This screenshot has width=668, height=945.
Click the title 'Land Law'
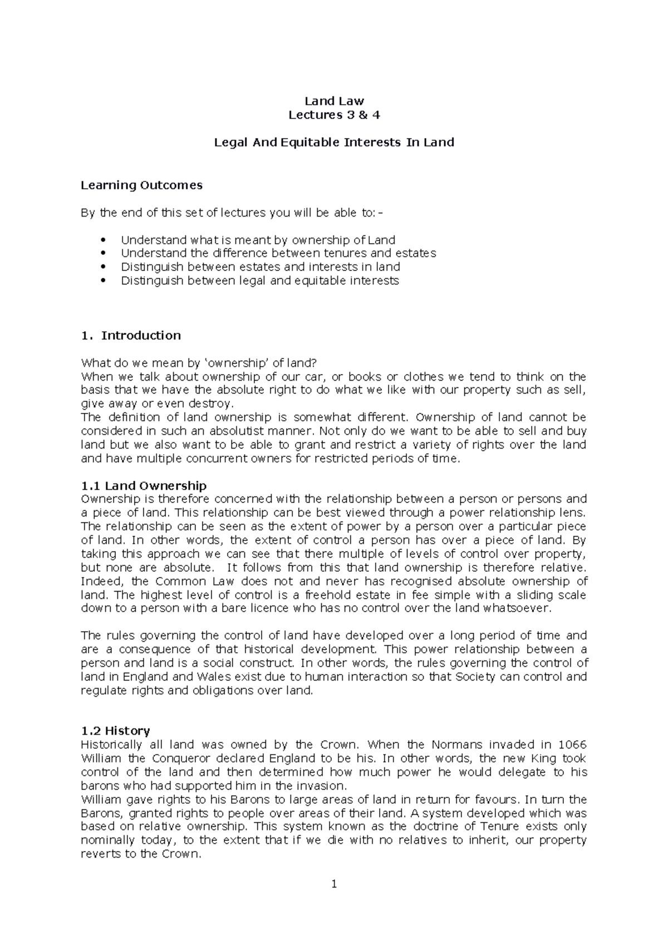(x=334, y=101)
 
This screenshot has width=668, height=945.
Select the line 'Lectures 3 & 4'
(x=334, y=115)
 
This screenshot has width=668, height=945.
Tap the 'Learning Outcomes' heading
(x=141, y=185)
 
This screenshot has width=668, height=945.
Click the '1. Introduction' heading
(x=131, y=336)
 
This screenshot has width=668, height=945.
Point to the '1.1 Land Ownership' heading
(x=144, y=486)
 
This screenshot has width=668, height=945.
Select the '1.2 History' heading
(x=115, y=731)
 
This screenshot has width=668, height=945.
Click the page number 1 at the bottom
(x=334, y=884)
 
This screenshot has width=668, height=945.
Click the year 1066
(x=572, y=745)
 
